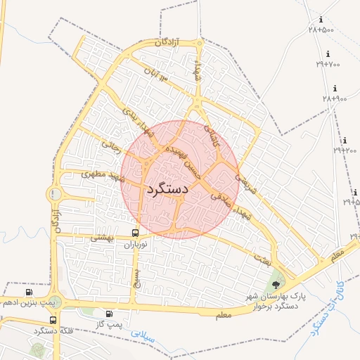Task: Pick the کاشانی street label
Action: [x=211, y=134]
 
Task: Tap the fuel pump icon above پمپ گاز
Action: [x=109, y=314]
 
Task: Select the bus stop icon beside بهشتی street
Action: [x=134, y=233]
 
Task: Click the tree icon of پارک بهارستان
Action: [x=275, y=285]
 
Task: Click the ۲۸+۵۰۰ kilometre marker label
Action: [x=321, y=30]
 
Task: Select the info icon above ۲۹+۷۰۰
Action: [x=328, y=54]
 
